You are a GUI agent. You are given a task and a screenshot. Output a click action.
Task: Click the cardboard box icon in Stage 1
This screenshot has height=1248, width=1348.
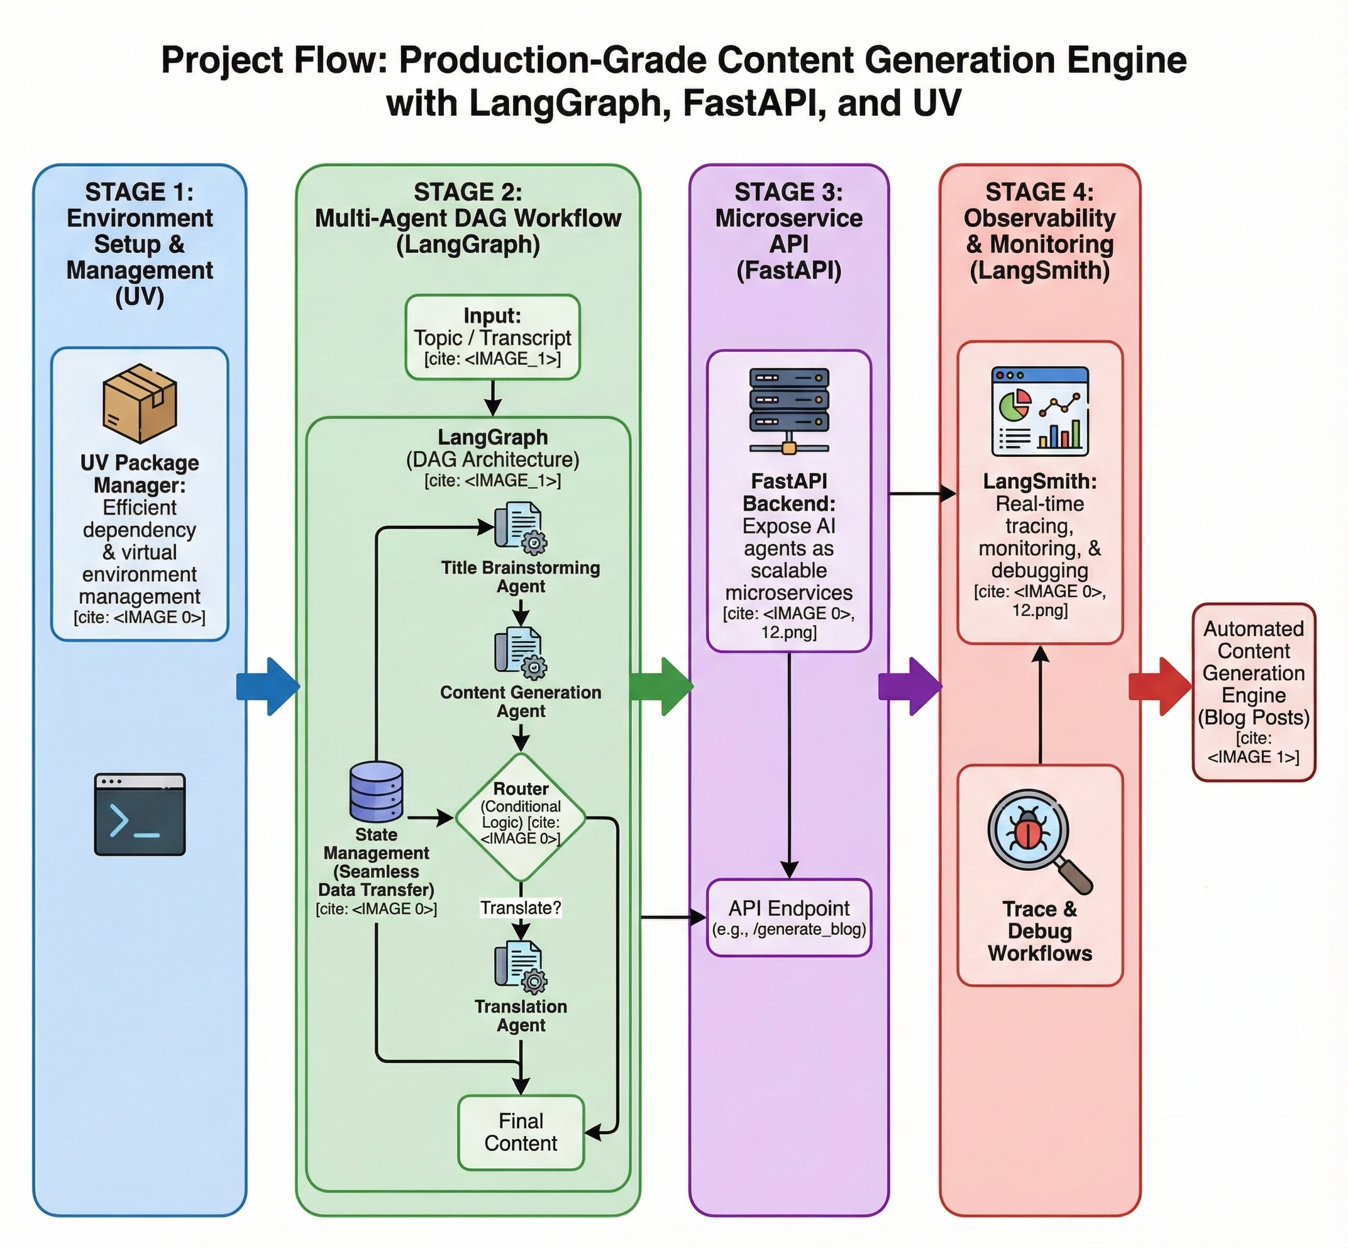point(140,403)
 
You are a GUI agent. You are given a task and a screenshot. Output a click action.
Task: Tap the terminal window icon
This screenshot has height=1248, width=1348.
point(140,814)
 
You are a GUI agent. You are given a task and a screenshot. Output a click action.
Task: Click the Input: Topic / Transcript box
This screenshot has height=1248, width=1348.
point(492,337)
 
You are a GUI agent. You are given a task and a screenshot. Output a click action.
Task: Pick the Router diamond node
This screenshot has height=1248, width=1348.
point(521,817)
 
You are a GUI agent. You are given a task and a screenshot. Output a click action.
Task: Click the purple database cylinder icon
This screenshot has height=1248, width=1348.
point(376,791)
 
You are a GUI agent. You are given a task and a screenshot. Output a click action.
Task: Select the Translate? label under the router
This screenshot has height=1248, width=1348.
point(521,908)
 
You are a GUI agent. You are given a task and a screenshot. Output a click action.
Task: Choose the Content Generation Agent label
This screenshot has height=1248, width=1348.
point(521,701)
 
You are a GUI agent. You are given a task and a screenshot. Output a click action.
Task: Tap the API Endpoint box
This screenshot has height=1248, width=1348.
point(788,917)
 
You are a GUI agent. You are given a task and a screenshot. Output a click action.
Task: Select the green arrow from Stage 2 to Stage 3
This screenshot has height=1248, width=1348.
point(661,686)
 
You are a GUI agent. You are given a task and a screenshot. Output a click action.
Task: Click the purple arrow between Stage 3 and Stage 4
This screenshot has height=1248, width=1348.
point(910,686)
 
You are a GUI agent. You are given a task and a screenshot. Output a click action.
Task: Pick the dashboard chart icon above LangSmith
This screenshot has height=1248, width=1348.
point(1039,411)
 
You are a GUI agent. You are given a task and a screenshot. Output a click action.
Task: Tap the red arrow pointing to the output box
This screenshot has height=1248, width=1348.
point(1159,686)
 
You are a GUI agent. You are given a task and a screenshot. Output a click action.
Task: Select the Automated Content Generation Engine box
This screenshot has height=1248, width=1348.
point(1254,692)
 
